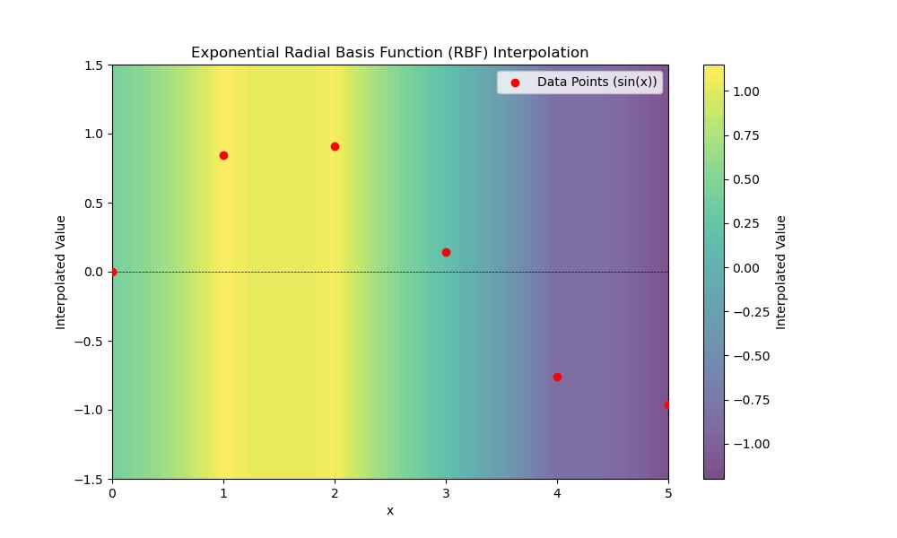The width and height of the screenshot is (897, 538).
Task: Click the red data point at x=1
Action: [223, 155]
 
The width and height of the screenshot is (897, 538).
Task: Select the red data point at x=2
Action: [335, 146]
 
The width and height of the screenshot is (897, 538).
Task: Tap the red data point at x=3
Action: [446, 252]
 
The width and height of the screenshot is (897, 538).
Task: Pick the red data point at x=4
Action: [557, 377]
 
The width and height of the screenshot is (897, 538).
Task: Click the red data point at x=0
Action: [112, 272]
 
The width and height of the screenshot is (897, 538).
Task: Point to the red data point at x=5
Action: [667, 404]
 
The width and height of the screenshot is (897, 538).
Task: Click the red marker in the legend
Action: [515, 82]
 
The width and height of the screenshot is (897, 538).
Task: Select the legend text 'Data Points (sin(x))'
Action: [597, 82]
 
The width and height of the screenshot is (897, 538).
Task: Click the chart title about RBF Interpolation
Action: [389, 53]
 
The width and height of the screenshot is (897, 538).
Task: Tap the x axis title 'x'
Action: [390, 511]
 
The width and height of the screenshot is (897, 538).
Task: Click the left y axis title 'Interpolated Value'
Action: [61, 272]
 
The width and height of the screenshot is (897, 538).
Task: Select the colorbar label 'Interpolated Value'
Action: [780, 272]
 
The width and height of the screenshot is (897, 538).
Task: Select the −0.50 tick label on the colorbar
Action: [744, 356]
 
